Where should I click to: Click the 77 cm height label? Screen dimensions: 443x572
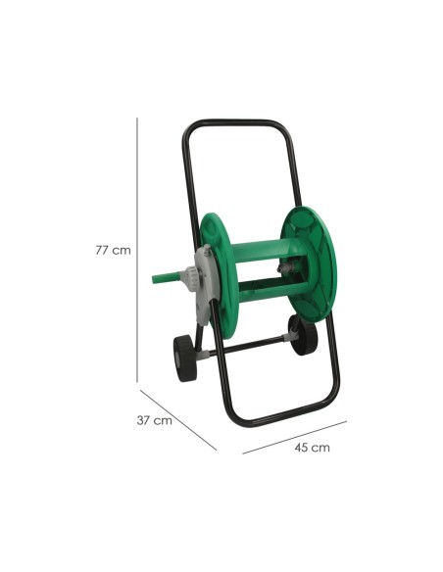tap(113, 251)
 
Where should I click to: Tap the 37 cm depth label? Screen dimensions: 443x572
tap(154, 420)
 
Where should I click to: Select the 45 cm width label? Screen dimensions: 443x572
tap(313, 448)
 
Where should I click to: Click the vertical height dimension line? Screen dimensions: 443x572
tap(137, 250)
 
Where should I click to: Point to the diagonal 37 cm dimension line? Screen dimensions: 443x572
tap(178, 420)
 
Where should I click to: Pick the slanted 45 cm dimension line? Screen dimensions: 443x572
tap(295, 438)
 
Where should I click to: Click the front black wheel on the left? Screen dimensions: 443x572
tap(185, 358)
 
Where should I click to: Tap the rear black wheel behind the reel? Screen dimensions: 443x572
tap(303, 335)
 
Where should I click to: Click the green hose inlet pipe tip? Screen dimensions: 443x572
tap(155, 279)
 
